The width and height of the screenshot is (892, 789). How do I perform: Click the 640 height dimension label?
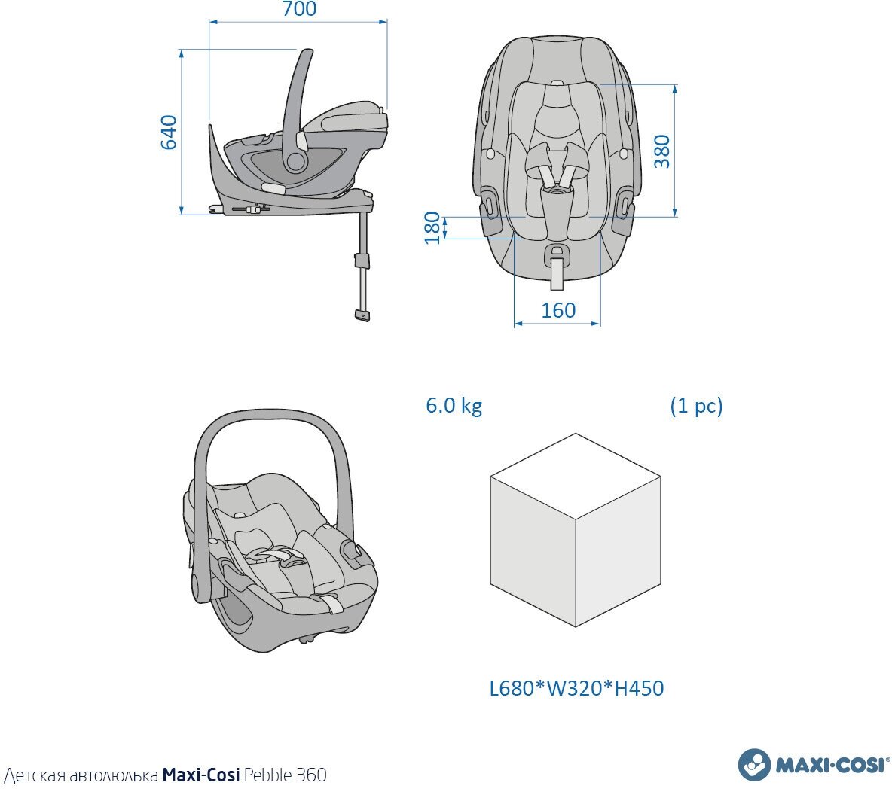[168, 133]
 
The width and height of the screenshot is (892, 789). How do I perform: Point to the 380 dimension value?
[661, 151]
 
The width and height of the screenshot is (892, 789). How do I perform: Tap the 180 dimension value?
[432, 227]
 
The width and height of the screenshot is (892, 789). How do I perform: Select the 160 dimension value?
[558, 310]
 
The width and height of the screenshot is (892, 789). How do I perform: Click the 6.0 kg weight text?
[454, 406]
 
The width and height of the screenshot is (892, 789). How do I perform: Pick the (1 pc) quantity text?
[696, 406]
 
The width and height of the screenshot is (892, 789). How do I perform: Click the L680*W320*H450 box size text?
[576, 688]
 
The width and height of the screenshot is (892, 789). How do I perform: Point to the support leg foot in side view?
[362, 315]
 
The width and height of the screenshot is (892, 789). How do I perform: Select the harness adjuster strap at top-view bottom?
[557, 272]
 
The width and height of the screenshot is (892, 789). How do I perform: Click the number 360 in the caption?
[312, 775]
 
